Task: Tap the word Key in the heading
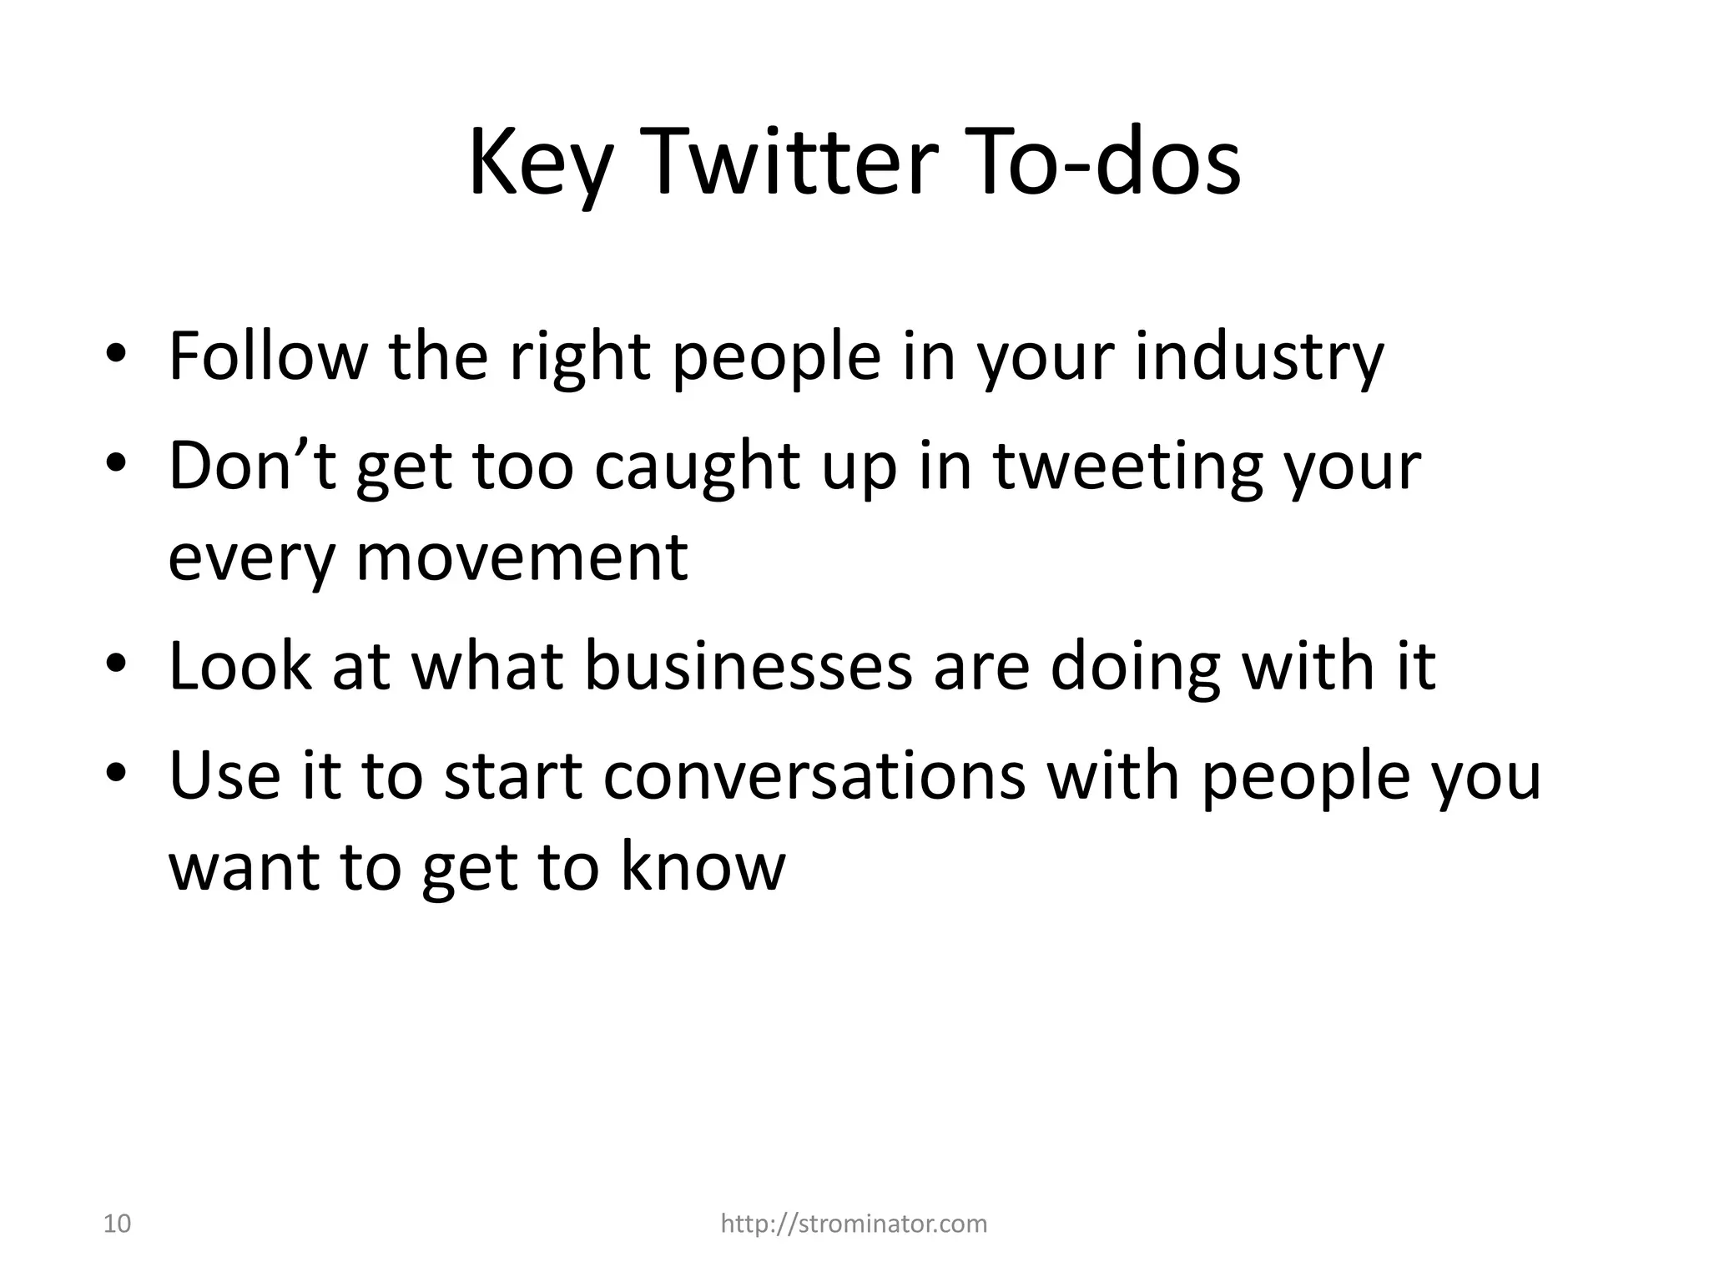tap(535, 163)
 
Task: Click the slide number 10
tap(117, 1224)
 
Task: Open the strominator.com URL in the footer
tap(854, 1224)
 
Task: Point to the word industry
tap(1259, 358)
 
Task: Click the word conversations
tap(814, 775)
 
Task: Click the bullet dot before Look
tap(116, 664)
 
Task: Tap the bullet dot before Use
tap(116, 772)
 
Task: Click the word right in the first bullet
tap(579, 358)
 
